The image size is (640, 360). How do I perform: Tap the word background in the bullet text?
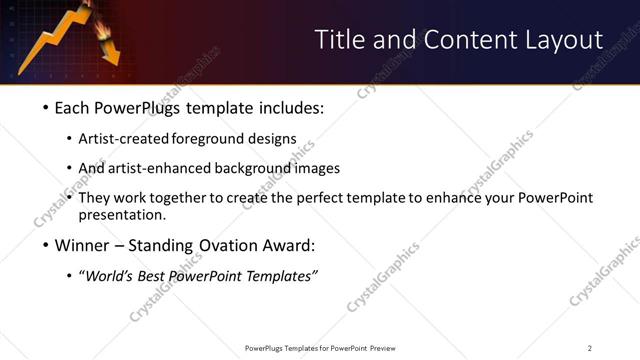point(265,169)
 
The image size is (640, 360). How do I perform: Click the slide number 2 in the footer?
point(589,348)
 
